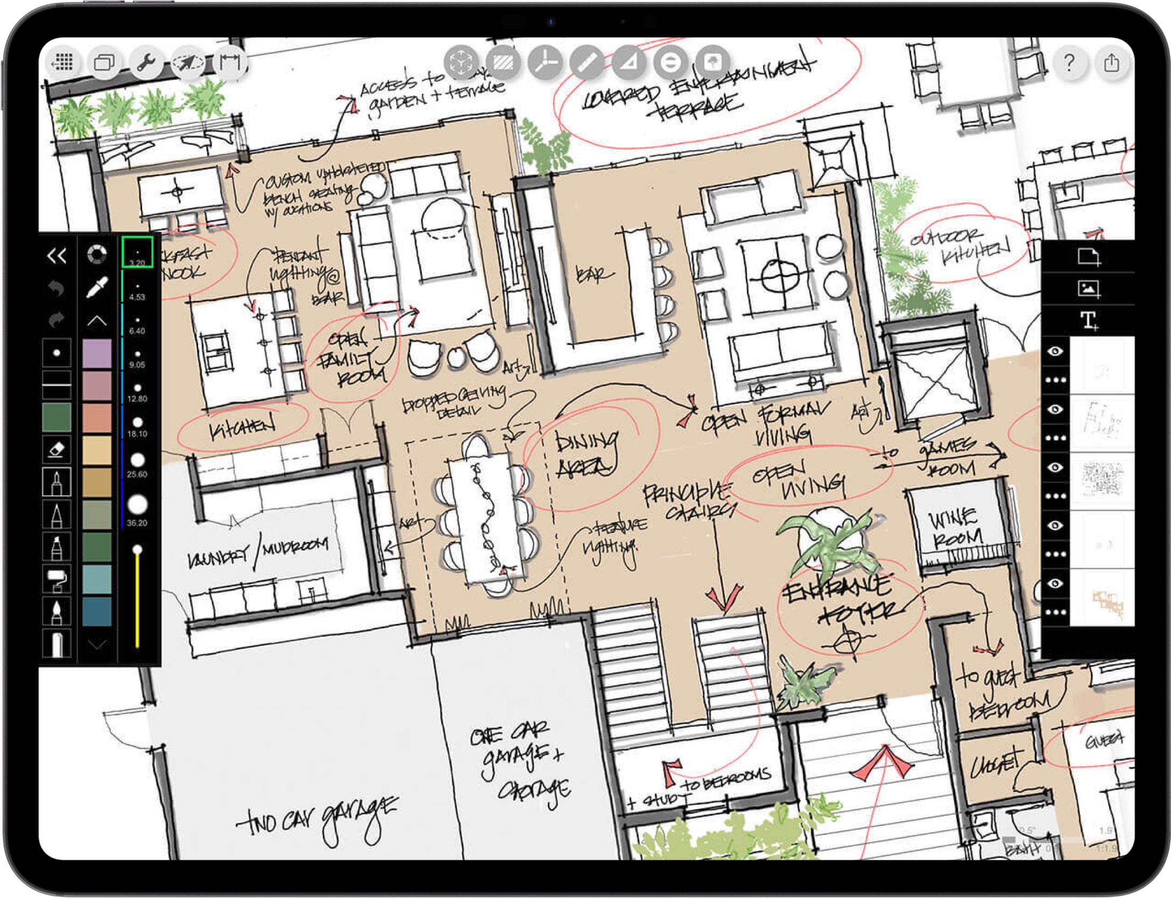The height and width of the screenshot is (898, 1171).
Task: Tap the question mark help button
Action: tap(1069, 63)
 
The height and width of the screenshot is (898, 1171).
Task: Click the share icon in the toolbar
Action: tap(1111, 63)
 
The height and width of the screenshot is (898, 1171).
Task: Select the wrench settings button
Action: tap(146, 63)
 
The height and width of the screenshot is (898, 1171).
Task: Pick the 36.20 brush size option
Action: tap(138, 508)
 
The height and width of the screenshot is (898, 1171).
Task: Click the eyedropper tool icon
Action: tap(97, 287)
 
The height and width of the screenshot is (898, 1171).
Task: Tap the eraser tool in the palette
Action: tap(57, 449)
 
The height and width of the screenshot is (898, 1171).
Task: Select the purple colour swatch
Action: tap(97, 353)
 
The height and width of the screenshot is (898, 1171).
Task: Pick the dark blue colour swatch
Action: tap(97, 611)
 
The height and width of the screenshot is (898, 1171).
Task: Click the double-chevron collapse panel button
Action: tap(57, 255)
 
